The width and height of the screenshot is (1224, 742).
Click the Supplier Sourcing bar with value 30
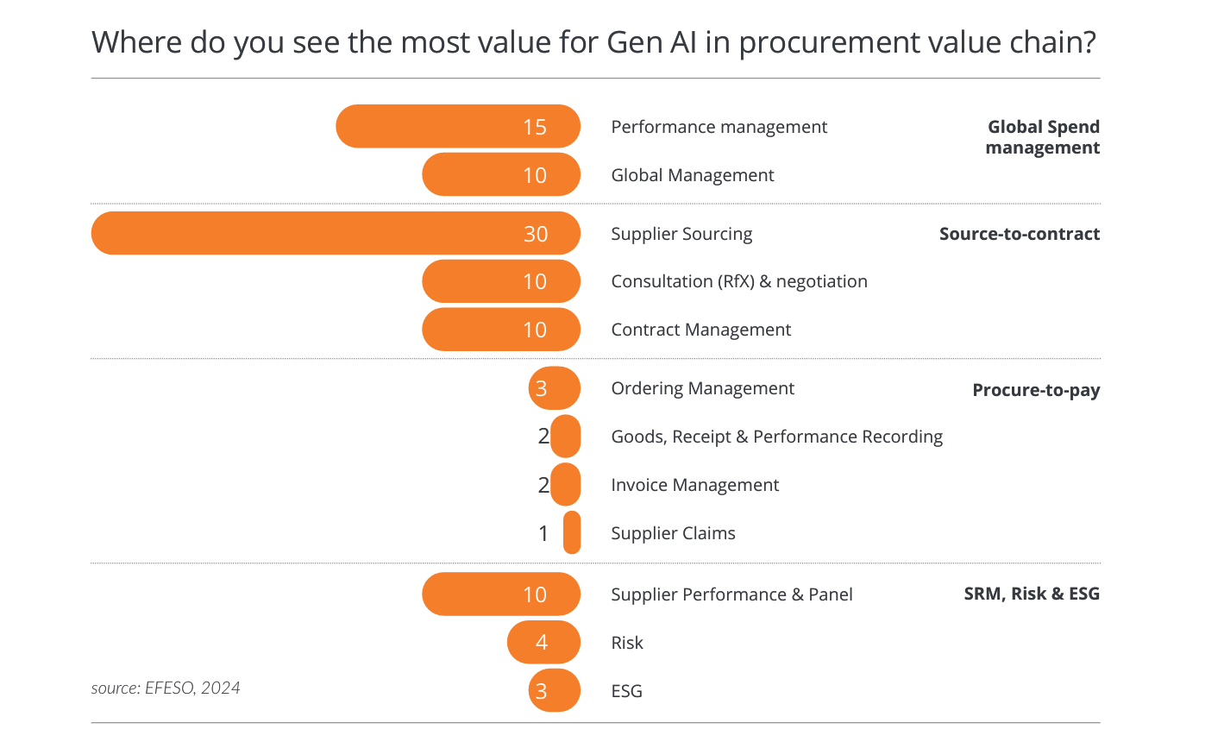336,233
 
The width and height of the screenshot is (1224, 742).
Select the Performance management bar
457,127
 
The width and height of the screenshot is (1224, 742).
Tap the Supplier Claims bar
572,532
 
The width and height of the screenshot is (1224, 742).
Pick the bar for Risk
543,642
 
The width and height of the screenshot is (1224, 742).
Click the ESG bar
555,690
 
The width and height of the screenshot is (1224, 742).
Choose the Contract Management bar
500,330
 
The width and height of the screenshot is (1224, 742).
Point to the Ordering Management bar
555,388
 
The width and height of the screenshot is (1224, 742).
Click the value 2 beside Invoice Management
543,485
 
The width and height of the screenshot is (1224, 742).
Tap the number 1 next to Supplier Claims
543,533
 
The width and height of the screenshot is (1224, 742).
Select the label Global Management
693,175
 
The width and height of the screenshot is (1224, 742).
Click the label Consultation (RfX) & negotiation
739,281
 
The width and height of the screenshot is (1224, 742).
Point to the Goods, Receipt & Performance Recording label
776,437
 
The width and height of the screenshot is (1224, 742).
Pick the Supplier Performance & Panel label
731,594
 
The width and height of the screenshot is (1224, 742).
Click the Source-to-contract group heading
1019,234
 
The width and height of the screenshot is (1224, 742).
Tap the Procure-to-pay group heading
1036,390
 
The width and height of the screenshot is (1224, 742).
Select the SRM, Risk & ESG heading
1032,594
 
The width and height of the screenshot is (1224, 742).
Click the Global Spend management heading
1043,137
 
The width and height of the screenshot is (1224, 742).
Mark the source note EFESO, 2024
166,688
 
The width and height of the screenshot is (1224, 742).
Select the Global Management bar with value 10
500,175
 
